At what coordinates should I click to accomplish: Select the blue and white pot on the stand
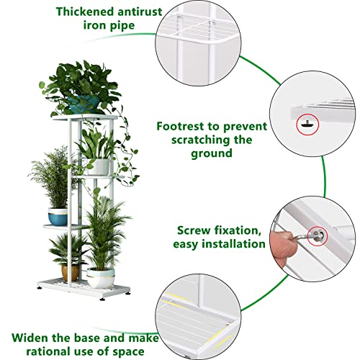pos(58,215)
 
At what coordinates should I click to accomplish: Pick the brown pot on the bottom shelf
pos(71,271)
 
